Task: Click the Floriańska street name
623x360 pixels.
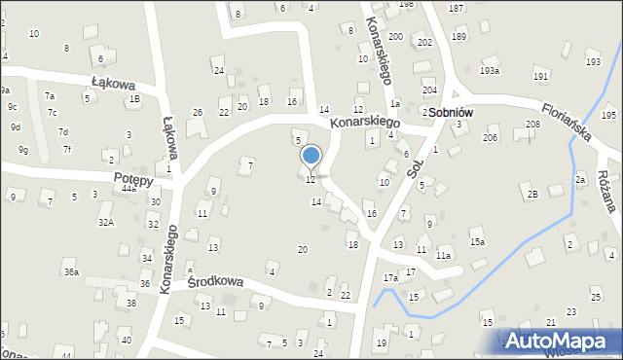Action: click(568, 120)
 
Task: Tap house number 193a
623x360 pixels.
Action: click(490, 71)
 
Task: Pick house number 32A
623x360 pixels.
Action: click(105, 223)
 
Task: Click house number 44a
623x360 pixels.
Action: click(128, 189)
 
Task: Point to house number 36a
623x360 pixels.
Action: click(71, 272)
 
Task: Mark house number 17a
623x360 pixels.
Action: click(390, 278)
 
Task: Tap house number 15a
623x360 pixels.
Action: click(476, 241)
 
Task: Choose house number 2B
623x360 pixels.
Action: click(532, 195)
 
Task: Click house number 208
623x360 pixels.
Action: click(532, 125)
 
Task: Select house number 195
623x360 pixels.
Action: click(608, 115)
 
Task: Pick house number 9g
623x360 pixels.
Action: click(22, 150)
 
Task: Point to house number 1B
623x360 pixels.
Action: click(134, 99)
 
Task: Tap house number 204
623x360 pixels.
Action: click(428, 90)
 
